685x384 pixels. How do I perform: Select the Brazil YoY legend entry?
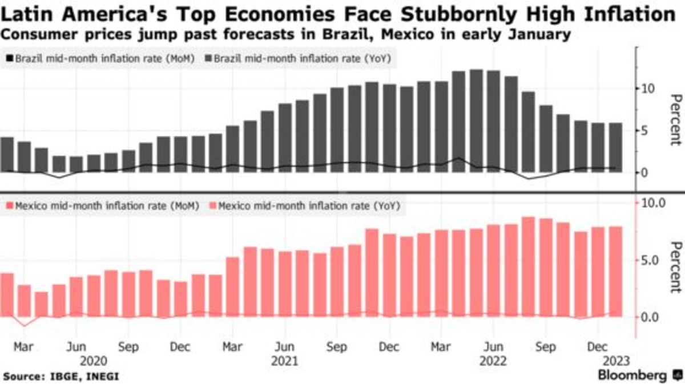pos(300,58)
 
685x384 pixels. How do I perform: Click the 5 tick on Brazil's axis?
pos(643,131)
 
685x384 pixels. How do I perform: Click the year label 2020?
pos(94,361)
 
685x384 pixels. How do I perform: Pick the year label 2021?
pos(284,361)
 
